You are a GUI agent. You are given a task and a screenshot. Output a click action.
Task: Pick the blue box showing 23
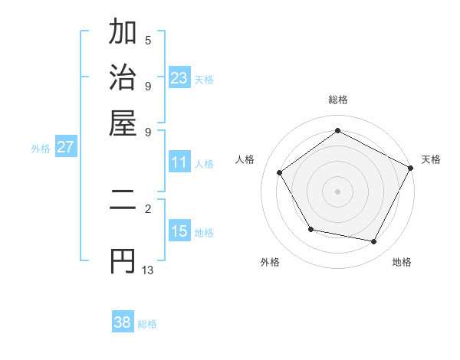[179, 77]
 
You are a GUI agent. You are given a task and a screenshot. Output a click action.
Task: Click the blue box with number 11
[179, 162]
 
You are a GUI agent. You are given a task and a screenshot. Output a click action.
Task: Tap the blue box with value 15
[179, 232]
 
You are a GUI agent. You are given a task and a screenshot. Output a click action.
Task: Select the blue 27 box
[65, 147]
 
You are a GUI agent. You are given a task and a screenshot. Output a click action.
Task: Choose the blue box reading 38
[123, 322]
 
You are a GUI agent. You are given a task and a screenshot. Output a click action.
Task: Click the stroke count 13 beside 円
[148, 270]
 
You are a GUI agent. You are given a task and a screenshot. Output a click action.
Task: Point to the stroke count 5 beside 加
[148, 40]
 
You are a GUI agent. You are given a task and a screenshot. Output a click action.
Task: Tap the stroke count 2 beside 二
[148, 208]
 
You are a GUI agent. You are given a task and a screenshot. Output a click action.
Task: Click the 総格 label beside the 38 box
[147, 324]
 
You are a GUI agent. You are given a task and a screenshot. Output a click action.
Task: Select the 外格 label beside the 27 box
[40, 149]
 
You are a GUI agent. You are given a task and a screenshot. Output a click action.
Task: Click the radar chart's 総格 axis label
[337, 100]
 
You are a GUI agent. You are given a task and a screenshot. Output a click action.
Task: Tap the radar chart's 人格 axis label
[245, 159]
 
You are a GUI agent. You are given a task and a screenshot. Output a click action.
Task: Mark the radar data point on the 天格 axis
[412, 167]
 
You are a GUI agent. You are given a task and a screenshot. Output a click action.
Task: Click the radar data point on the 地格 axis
[374, 242]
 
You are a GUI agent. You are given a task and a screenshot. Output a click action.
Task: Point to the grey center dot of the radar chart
[337, 191]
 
